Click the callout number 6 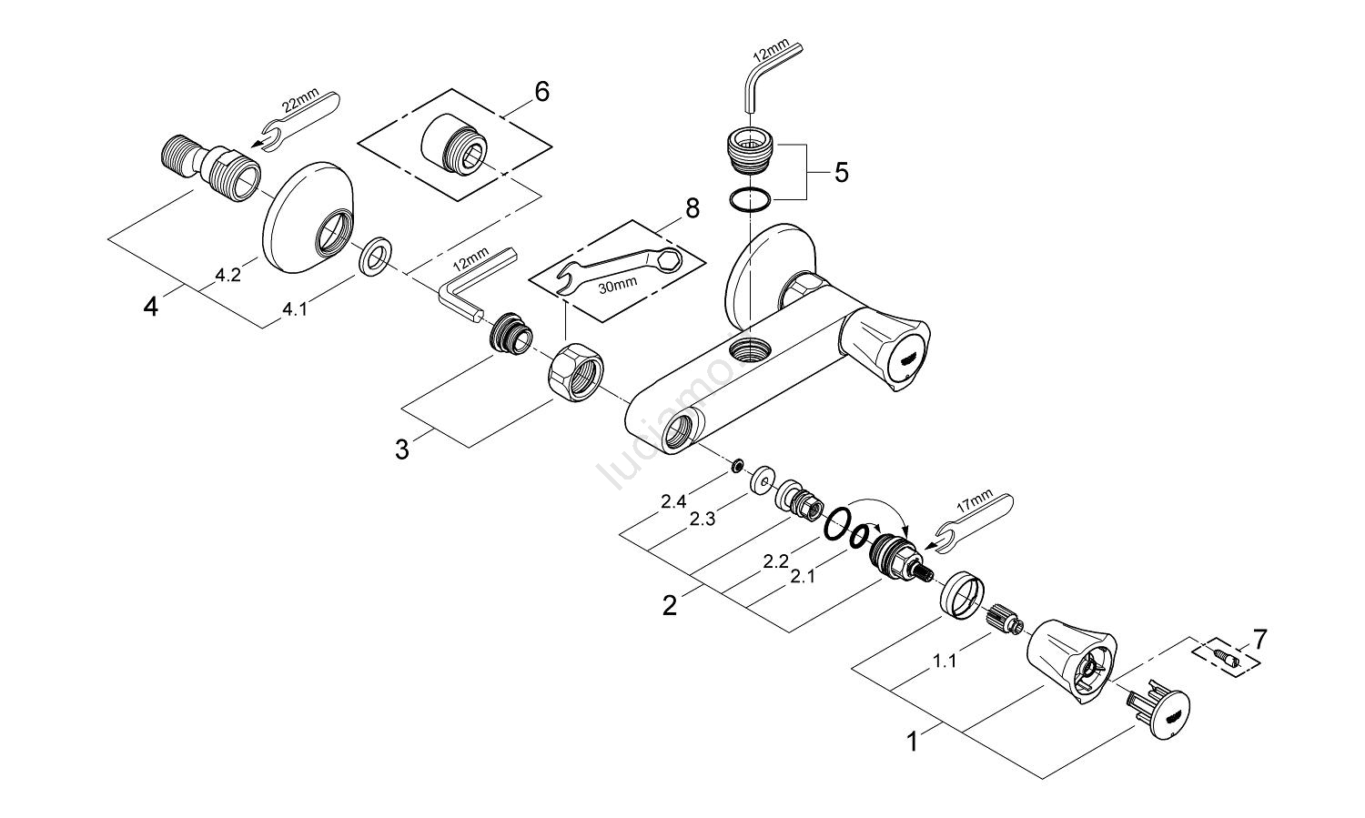point(542,92)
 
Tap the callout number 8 point(693,208)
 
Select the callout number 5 point(841,172)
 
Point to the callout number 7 point(1259,638)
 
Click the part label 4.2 point(228,277)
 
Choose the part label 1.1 point(945,661)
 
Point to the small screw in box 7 point(1222,656)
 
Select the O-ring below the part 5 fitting point(753,198)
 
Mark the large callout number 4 point(151,308)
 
